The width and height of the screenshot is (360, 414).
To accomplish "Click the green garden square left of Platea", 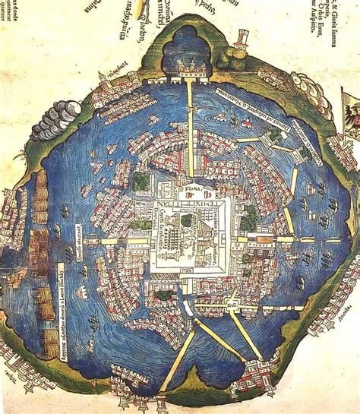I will point(142,181).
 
